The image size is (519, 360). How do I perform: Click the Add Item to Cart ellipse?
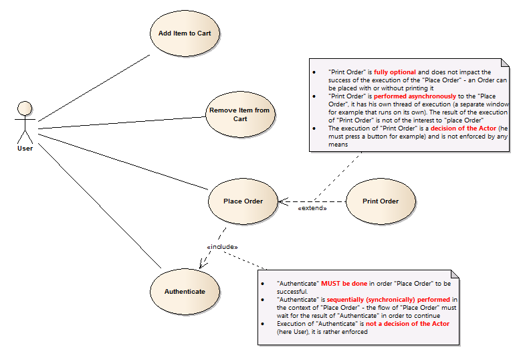point(185,33)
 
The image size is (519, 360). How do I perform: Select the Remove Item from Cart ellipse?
point(240,114)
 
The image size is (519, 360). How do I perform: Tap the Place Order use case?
point(243,201)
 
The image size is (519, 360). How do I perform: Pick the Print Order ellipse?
point(381,201)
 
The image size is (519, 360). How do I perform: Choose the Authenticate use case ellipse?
point(185,292)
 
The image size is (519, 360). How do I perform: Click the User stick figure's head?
point(25,108)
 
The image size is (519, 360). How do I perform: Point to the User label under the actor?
point(25,149)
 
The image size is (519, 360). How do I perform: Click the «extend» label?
point(312,209)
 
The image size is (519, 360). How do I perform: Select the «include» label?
point(221,247)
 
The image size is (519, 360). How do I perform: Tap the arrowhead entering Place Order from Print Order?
point(282,201)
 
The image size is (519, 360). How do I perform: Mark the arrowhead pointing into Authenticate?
point(203,266)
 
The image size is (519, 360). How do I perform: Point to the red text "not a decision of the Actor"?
point(407,324)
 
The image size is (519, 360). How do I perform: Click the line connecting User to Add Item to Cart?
point(94,88)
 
